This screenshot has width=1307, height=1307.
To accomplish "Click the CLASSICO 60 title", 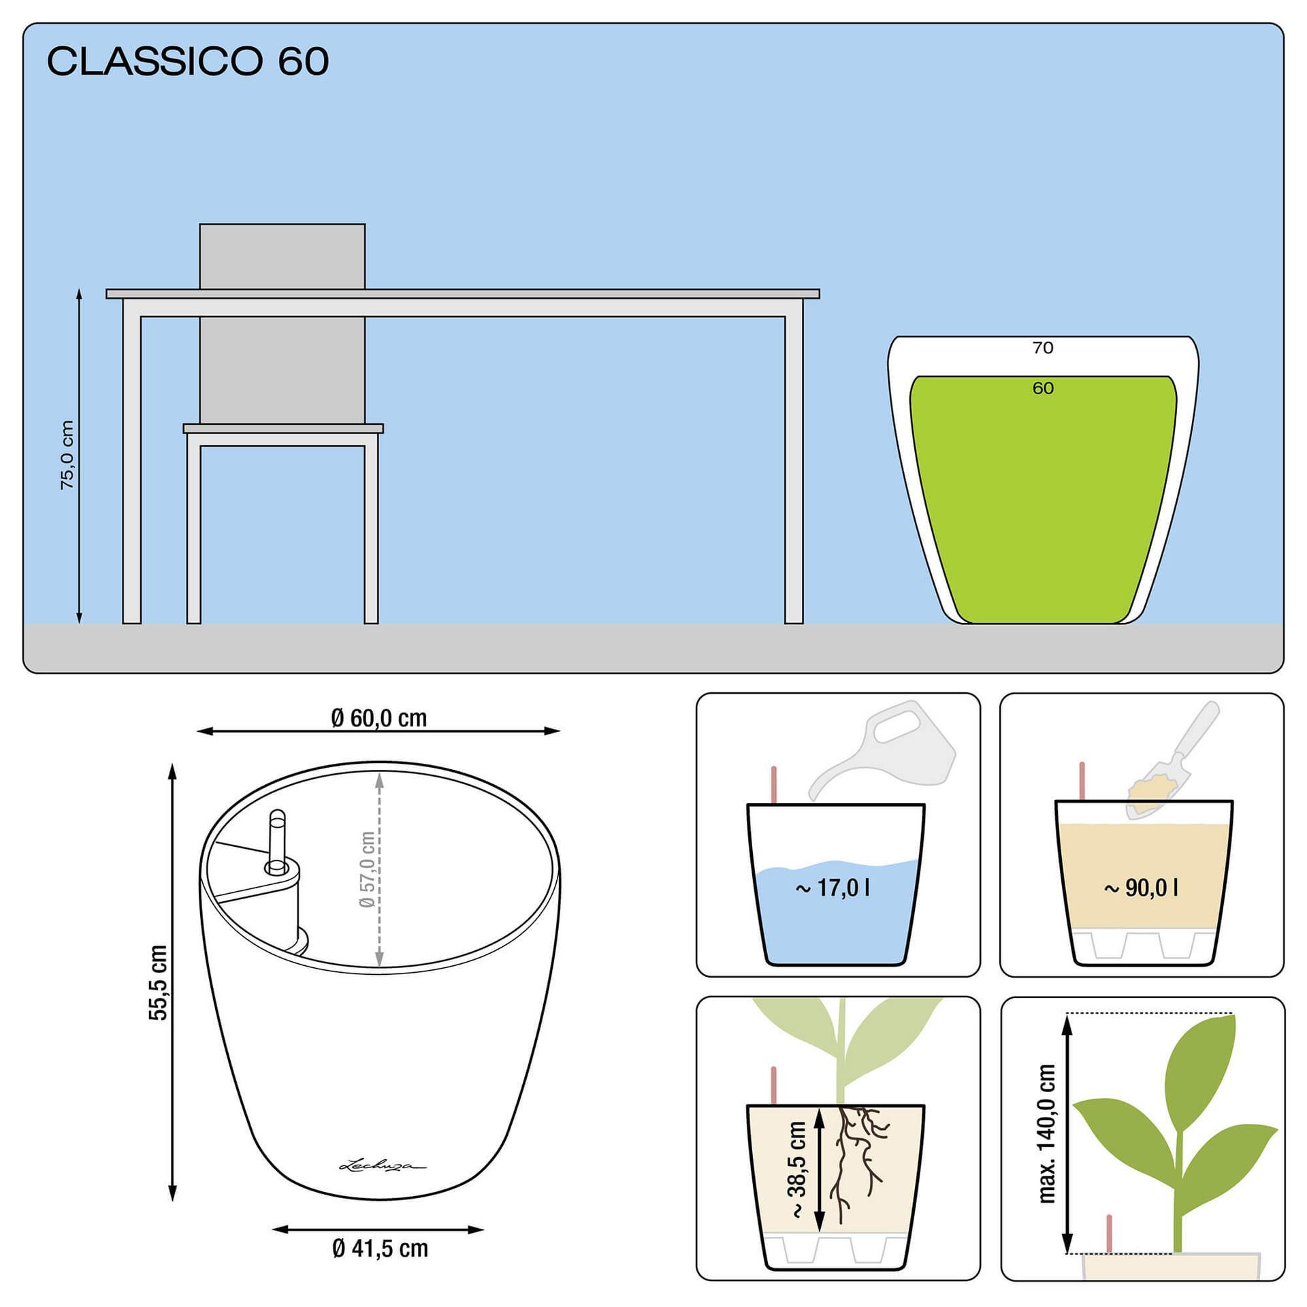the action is (x=188, y=61).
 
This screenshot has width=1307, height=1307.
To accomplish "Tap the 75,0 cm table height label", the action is (x=67, y=455).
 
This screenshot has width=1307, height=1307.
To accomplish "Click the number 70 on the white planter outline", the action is (x=1042, y=348).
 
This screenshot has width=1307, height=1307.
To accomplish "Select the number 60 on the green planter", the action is (x=1042, y=388).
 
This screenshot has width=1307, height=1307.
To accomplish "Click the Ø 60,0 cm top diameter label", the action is (x=379, y=717).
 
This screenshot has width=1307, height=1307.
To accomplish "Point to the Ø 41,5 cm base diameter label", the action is (x=381, y=1248).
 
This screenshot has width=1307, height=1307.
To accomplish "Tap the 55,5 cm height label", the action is (x=158, y=982).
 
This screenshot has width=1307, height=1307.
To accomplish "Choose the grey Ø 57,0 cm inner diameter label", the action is (x=367, y=869).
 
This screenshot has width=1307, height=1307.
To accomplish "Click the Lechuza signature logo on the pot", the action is (x=382, y=1165).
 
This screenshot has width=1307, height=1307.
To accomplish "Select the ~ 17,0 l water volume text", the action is (x=833, y=888).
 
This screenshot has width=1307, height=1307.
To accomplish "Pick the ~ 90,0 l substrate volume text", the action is (x=1141, y=888).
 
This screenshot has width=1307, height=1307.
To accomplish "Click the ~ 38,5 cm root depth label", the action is (x=797, y=1169).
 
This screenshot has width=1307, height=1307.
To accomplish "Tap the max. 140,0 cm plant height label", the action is (x=1047, y=1133).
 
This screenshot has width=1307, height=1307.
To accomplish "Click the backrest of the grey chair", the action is (x=282, y=323).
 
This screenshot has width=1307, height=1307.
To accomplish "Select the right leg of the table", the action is (x=794, y=470).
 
